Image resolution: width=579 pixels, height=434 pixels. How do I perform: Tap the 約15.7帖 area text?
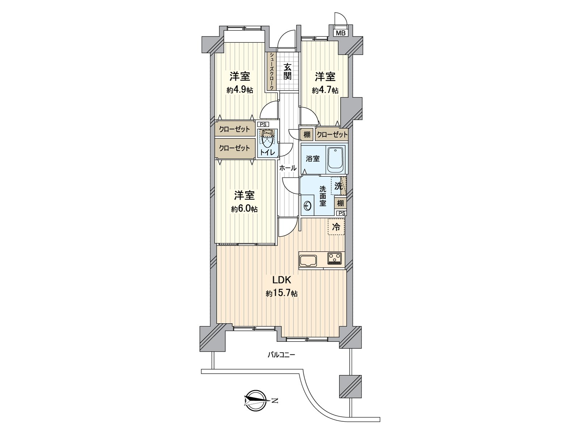(x=282, y=294)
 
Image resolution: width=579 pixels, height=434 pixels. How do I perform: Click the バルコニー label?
(x=281, y=355)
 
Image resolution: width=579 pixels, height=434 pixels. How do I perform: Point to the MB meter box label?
(x=341, y=33)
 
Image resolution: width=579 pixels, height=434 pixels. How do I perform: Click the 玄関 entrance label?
(x=287, y=71)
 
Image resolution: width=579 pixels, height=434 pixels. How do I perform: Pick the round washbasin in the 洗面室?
(x=308, y=205)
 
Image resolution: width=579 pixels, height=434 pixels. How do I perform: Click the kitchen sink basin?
(x=308, y=260)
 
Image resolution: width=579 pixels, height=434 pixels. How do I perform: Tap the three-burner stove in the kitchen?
(x=335, y=258)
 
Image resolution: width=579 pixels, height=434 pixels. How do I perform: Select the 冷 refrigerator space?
(x=336, y=227)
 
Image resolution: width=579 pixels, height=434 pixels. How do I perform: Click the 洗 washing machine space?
(x=338, y=186)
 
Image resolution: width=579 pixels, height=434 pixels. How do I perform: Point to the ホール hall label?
(x=288, y=168)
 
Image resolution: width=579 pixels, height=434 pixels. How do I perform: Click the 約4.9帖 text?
(x=240, y=90)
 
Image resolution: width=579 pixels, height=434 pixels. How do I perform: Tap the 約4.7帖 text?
(x=325, y=90)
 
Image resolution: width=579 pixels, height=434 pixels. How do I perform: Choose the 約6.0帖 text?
(x=245, y=209)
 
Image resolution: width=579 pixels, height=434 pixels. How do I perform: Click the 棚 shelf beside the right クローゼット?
(x=307, y=135)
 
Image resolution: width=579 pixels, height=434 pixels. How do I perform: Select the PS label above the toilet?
(x=263, y=124)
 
